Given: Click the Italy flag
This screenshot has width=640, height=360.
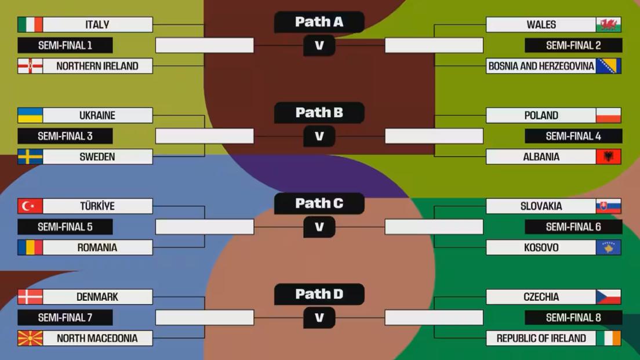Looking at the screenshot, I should point(30,24).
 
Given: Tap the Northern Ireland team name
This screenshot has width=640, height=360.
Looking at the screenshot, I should point(97,66).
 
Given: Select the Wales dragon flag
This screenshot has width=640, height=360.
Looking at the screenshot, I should point(608,24).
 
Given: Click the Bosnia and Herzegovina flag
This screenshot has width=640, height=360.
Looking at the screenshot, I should point(608,66).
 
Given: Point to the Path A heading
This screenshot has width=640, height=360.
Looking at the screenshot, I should point(319,22).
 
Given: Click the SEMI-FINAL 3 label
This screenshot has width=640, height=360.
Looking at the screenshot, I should point(65,136).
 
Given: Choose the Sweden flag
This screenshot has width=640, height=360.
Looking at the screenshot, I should point(30,157).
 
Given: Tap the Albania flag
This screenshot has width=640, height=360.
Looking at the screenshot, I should point(608,157).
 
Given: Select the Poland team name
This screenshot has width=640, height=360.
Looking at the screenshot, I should point(541,115).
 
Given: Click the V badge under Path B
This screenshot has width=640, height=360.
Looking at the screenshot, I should point(319,136).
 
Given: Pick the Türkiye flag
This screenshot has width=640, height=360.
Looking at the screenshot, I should point(30,206).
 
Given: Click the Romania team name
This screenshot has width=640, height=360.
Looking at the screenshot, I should point(97,248).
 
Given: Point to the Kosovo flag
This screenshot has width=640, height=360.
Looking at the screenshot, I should point(608,248).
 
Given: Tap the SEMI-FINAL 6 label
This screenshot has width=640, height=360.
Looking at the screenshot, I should point(573,227).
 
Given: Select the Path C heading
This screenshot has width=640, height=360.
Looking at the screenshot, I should point(319,203).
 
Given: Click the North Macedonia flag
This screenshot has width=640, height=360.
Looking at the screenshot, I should point(30,338).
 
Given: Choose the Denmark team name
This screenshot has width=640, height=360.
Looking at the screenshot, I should point(97,297).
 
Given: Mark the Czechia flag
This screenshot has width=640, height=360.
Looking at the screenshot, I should point(608,297).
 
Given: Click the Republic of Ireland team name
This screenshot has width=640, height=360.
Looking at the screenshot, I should point(541,338).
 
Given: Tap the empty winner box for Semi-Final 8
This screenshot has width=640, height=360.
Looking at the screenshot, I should point(434,318).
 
